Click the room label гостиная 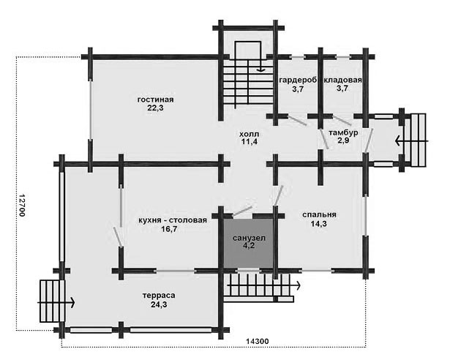[x=156, y=100]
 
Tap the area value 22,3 [x=156, y=108]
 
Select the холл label [x=249, y=134]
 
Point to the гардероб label [x=299, y=80]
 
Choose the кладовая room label [x=342, y=80]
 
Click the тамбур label [x=343, y=132]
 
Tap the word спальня [x=319, y=214]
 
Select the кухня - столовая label [x=173, y=220]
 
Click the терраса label [x=159, y=296]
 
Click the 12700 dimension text [x=22, y=206]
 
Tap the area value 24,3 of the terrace [x=159, y=304]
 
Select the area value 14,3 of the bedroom [x=318, y=224]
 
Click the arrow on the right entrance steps [x=412, y=141]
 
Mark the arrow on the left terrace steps [x=56, y=303]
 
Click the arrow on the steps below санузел [x=263, y=285]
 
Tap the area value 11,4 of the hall [x=249, y=141]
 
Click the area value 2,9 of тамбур [x=343, y=140]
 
